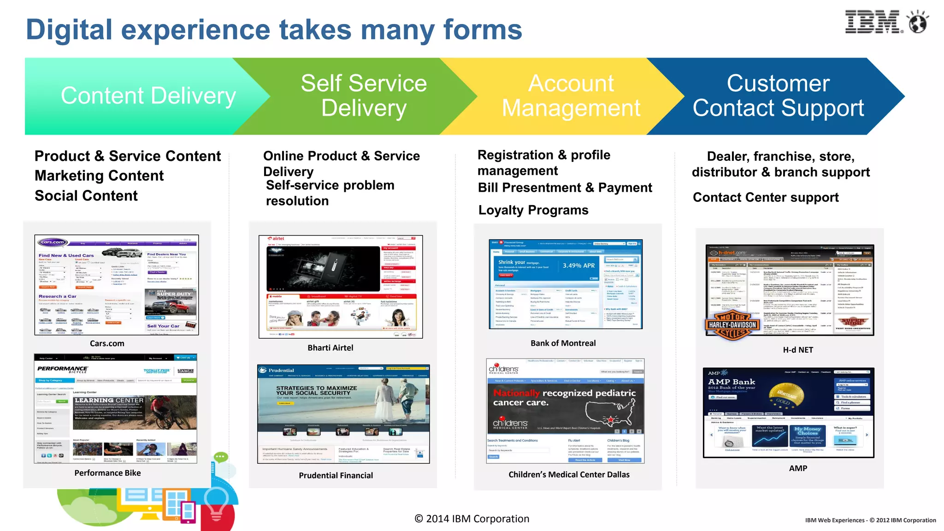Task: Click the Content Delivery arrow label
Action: tap(148, 96)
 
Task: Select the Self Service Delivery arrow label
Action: tap(364, 96)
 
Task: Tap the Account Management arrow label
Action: tap(571, 96)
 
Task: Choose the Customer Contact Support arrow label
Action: tap(778, 96)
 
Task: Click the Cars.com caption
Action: tap(107, 343)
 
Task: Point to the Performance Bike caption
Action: tap(107, 473)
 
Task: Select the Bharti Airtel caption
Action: tap(330, 348)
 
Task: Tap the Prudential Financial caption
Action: tap(336, 475)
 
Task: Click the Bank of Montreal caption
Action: tap(563, 343)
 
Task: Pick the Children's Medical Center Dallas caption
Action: tap(569, 475)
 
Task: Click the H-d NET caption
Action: tap(798, 350)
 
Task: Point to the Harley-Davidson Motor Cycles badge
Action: tap(732, 325)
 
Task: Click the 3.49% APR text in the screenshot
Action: tap(578, 265)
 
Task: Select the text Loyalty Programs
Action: tap(533, 210)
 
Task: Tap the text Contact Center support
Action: tap(766, 197)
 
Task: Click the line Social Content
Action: tap(86, 196)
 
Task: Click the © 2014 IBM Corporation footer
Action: tap(472, 519)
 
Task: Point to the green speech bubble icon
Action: tap(221, 457)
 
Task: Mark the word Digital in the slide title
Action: tap(69, 30)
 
